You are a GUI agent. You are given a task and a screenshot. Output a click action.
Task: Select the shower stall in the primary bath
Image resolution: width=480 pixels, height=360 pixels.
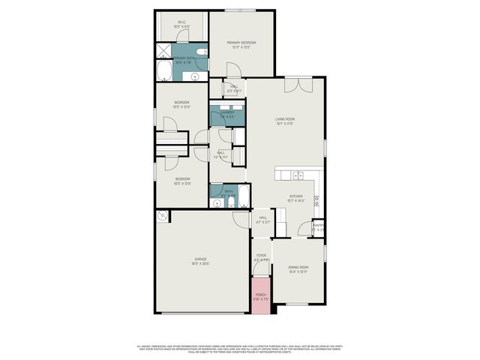point(163,52)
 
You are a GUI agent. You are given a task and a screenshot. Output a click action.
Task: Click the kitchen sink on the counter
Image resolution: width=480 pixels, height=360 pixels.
point(298,175)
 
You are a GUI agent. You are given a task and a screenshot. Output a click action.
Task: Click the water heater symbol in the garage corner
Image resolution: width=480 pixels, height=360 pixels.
point(162,217)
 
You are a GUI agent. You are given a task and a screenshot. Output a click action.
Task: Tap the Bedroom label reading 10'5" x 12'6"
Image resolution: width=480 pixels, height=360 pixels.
point(182,181)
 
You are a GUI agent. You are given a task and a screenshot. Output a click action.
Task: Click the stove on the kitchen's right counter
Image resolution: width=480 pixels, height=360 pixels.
point(317,200)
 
